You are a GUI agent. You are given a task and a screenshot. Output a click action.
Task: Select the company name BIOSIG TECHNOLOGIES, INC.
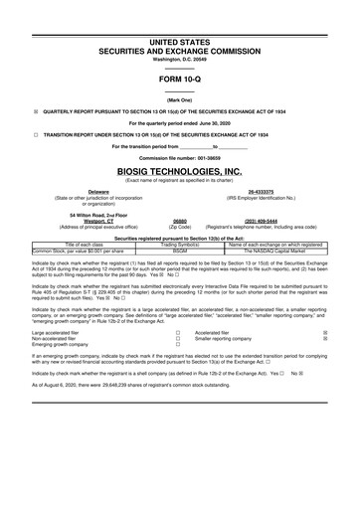180,171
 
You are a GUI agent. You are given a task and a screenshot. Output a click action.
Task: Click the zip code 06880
181,220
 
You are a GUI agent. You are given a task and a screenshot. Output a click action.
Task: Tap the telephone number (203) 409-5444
262,220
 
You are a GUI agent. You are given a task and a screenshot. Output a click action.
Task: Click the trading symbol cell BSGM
180,252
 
